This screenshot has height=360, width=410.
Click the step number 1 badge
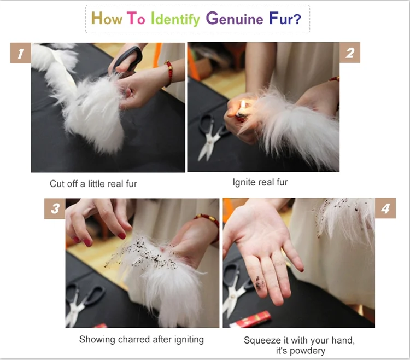coord(21,54)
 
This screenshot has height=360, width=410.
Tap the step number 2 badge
coord(350,53)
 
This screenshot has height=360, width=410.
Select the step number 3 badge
coord(55,209)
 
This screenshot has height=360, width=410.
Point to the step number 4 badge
coord(385,209)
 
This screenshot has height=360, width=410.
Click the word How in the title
coord(107,19)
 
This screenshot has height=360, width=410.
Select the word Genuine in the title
coord(235,19)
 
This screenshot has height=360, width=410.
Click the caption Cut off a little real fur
coord(93,184)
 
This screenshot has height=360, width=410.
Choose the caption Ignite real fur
coord(260,182)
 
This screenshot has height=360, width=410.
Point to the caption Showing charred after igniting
coord(142,340)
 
